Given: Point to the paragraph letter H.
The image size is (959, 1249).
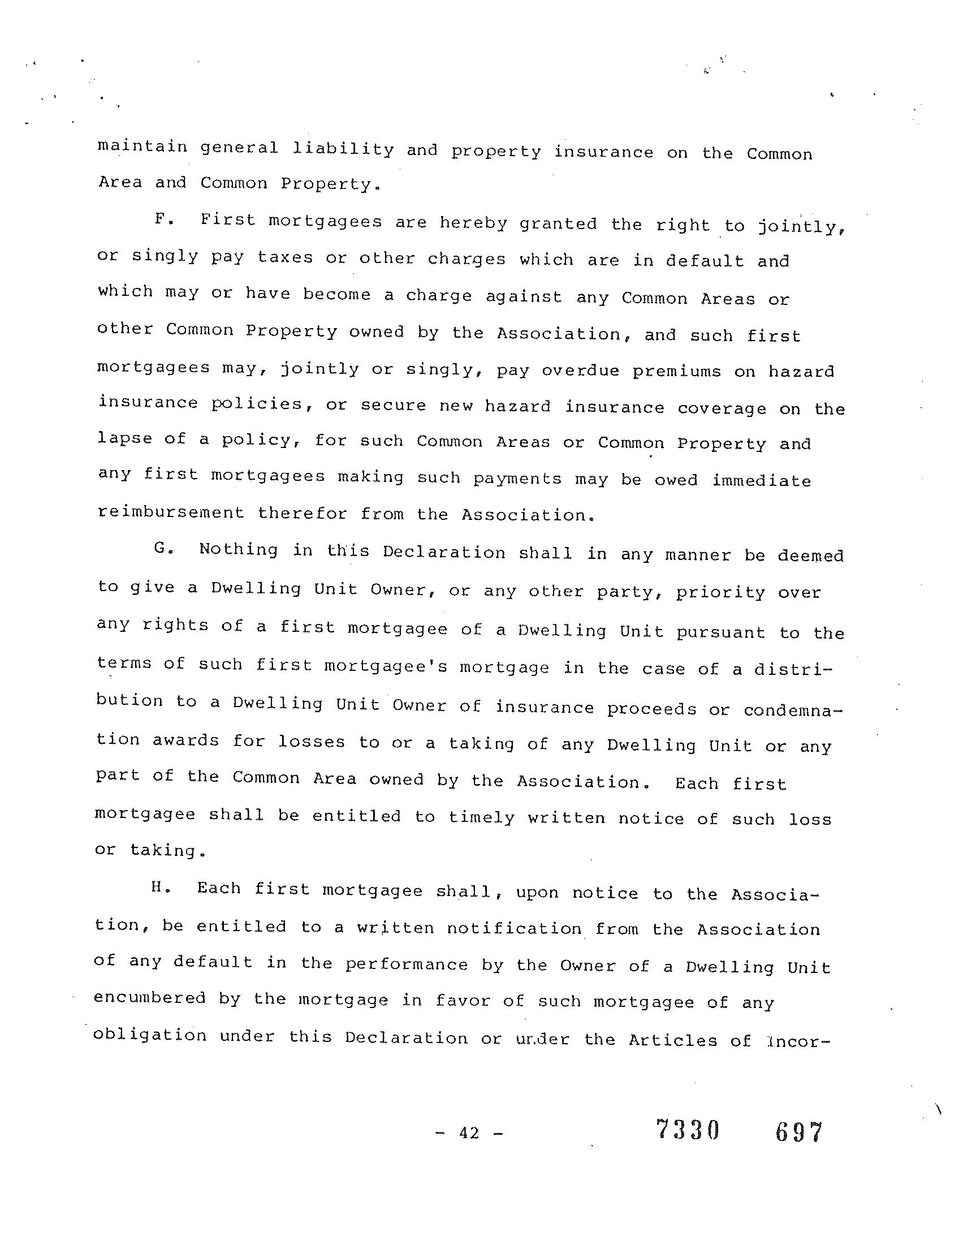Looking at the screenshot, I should (159, 888).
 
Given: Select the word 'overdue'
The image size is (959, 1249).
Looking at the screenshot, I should (581, 370).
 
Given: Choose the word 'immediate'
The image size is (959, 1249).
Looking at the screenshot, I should (762, 480).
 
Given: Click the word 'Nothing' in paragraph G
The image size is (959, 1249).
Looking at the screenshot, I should (239, 549).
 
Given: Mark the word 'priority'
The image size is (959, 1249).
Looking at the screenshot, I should (720, 592).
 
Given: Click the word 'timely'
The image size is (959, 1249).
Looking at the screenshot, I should (482, 817).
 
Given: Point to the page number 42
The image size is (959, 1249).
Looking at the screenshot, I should (469, 1132).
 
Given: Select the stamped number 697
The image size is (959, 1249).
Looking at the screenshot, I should (798, 1131).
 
